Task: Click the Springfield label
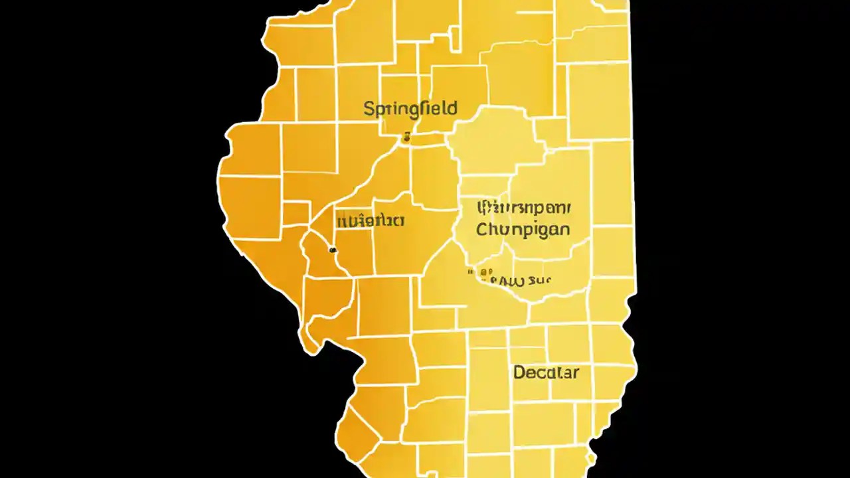[410, 109]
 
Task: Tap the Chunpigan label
[523, 230]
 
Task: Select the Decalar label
[546, 372]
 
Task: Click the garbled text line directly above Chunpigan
[523, 208]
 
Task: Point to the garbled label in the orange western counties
[371, 220]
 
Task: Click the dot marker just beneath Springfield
[406, 138]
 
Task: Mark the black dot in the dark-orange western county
[333, 250]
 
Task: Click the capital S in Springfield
[369, 109]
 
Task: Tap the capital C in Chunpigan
[483, 230]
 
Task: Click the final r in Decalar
[575, 372]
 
